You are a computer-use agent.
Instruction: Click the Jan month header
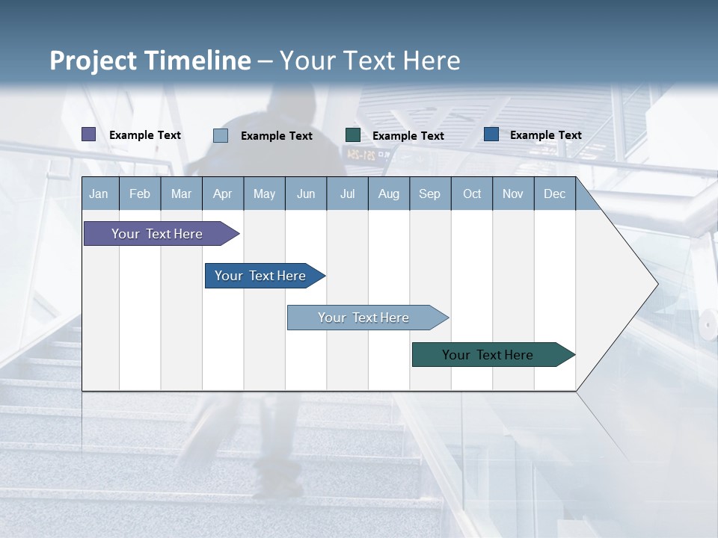click(99, 194)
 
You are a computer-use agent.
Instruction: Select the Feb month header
click(140, 194)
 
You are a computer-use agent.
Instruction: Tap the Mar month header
click(181, 194)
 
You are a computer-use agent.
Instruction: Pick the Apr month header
click(223, 194)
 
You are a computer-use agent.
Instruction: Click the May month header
click(264, 194)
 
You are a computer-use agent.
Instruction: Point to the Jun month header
click(306, 194)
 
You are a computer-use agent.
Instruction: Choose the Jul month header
click(347, 194)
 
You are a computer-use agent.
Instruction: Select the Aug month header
click(389, 194)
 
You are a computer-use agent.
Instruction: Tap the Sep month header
click(430, 194)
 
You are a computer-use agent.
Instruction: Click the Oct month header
click(472, 194)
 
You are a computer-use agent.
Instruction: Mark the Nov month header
click(513, 194)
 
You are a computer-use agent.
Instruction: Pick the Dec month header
click(555, 194)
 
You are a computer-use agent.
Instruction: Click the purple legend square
click(89, 134)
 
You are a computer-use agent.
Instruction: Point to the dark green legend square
click(353, 135)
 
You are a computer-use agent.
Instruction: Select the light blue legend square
click(221, 135)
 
